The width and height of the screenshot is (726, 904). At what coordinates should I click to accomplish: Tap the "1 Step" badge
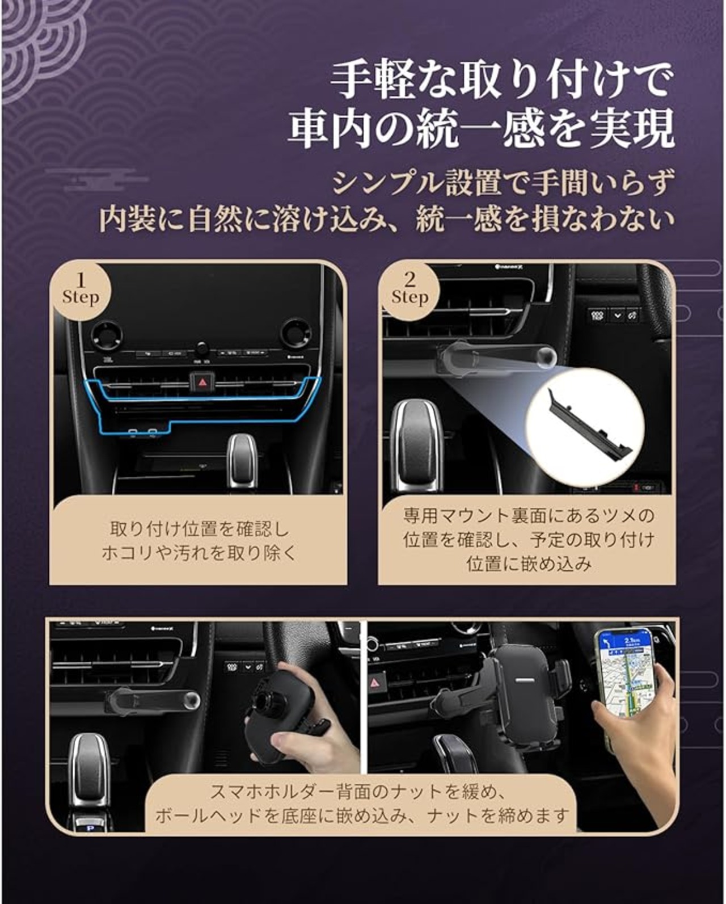pos(81,290)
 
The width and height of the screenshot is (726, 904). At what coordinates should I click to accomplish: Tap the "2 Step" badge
pos(410,290)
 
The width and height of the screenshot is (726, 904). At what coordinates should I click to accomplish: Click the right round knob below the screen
pos(297,334)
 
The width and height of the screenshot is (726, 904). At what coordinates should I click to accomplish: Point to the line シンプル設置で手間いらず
pos(503,183)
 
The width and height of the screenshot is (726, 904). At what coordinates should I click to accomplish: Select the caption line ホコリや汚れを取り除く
pos(199,553)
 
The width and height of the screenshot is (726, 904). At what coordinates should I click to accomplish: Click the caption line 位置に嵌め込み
pos(529,564)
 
